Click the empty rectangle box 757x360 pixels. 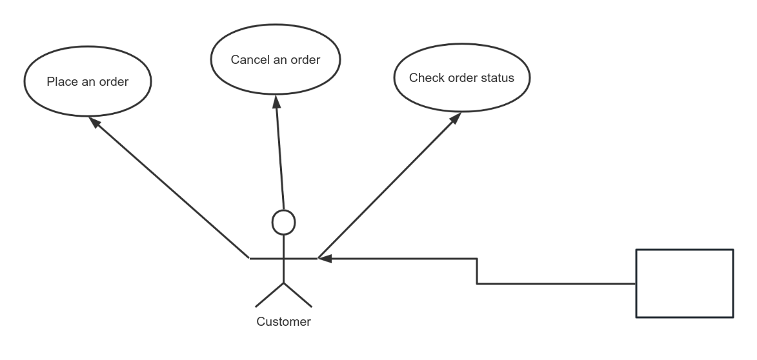click(685, 283)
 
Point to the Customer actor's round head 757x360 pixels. click(283, 222)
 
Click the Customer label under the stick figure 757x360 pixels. click(283, 321)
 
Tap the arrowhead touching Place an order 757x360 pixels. click(94, 122)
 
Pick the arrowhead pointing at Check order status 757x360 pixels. click(455, 118)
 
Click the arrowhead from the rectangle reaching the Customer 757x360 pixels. click(325, 259)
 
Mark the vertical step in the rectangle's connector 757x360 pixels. click(477, 271)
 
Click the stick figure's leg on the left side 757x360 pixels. click(270, 294)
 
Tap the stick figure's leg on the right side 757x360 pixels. click(298, 294)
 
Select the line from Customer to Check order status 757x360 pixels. click(387, 187)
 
